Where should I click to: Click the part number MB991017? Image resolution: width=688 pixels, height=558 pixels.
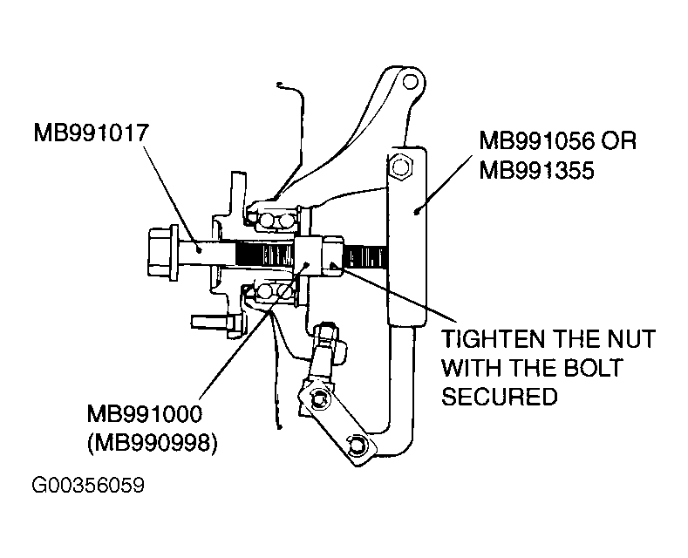[92, 133]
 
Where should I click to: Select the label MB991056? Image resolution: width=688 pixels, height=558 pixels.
[536, 141]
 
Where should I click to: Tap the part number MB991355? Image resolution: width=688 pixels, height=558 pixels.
[536, 170]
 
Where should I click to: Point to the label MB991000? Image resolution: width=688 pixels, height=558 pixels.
[145, 413]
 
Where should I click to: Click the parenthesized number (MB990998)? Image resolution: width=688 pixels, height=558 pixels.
[153, 443]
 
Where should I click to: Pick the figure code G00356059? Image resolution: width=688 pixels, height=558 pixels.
[88, 485]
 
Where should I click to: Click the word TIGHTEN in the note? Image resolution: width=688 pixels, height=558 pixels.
[494, 338]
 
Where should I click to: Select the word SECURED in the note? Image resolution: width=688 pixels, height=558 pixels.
[500, 396]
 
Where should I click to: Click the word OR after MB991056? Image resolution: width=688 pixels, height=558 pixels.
[618, 141]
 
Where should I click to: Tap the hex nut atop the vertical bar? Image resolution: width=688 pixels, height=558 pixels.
[400, 167]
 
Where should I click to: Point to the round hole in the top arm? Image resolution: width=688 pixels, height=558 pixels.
[410, 82]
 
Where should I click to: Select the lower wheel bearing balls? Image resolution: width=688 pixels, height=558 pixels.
[273, 291]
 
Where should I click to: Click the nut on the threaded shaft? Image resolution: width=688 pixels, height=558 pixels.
[333, 257]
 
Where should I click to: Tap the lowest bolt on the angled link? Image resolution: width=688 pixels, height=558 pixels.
[356, 446]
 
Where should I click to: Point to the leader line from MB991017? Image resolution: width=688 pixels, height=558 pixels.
[171, 198]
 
